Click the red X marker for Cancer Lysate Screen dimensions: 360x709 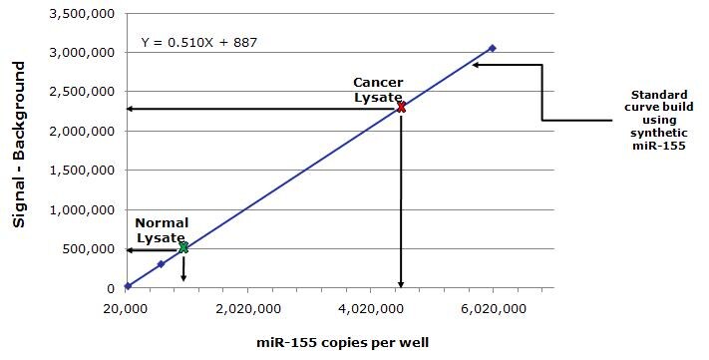pos(401,107)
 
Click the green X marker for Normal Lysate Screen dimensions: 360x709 pos(183,247)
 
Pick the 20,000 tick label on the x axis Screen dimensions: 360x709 pos(126,308)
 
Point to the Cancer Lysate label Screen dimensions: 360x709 pos(378,88)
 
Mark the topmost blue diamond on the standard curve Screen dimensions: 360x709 pos(492,48)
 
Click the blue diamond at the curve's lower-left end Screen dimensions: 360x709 pos(128,286)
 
